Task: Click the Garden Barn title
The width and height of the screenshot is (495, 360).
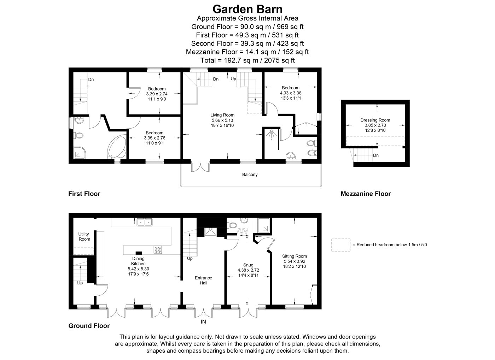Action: click(248, 9)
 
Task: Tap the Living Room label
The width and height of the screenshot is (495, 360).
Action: click(222, 115)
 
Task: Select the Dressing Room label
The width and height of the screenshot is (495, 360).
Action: click(375, 120)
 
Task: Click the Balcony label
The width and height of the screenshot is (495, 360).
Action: click(250, 175)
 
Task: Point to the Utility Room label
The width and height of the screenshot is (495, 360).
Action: click(84, 237)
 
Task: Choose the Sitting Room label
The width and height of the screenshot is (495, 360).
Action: click(294, 256)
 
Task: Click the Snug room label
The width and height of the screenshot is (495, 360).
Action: click(248, 265)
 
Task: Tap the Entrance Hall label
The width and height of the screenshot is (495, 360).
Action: click(203, 281)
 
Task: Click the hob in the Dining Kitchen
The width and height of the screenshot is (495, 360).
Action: click(158, 250)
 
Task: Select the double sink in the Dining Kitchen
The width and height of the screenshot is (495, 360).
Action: click(145, 222)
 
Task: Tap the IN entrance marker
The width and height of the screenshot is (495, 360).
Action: click(203, 322)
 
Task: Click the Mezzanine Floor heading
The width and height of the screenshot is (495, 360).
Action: click(366, 194)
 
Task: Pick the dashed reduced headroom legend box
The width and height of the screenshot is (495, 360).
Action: click(341, 245)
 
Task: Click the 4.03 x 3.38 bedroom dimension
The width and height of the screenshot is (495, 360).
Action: click(291, 93)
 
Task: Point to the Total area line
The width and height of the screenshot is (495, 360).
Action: click(248, 60)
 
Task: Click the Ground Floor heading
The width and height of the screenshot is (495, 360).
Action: click(89, 326)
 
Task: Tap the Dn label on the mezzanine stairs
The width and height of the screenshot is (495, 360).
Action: click(375, 155)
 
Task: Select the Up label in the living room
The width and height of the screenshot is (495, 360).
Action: click(233, 79)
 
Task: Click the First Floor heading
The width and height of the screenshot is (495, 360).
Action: click(84, 194)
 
